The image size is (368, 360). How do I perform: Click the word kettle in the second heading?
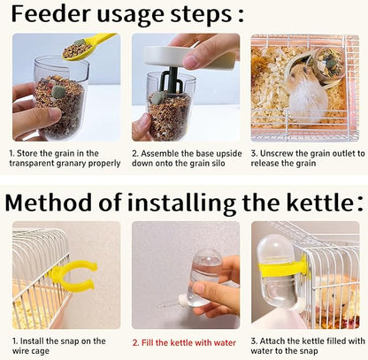pos(307,203)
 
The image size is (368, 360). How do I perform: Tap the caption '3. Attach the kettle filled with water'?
pos(307,346)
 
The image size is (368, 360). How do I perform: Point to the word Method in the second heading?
pos(48,203)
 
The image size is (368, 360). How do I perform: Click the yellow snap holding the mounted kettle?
pos(293,265)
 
